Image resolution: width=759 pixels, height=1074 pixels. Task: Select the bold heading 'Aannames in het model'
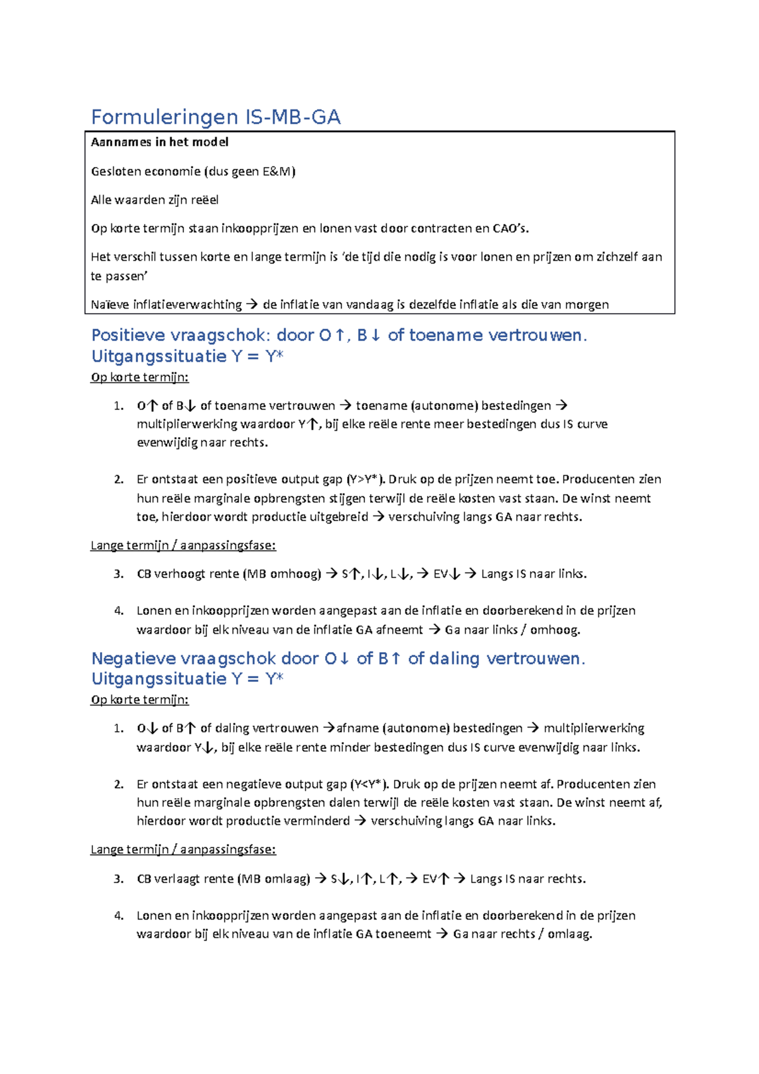coord(159,142)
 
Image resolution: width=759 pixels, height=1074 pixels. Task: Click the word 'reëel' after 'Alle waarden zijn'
coord(205,200)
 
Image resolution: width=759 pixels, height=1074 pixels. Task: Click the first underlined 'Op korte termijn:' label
coord(140,378)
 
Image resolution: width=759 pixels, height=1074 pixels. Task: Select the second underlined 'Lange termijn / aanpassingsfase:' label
coord(183,849)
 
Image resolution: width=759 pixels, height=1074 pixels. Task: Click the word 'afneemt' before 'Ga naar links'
coord(399,630)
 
